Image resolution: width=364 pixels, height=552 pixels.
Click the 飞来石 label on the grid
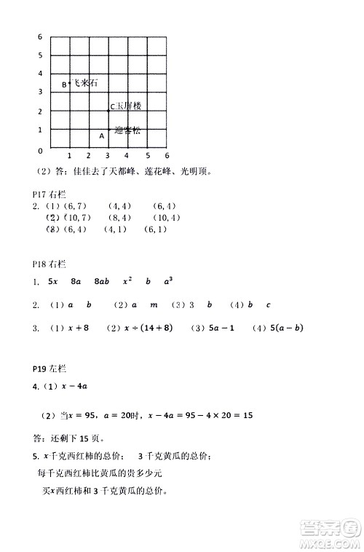(84, 83)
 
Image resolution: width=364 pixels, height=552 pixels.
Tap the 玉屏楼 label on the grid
(127, 106)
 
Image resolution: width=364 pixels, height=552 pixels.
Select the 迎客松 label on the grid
(127, 131)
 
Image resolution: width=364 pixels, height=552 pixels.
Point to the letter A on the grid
(101, 135)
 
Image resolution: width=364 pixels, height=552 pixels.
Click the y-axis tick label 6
(40, 36)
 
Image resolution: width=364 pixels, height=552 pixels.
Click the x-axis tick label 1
(68, 156)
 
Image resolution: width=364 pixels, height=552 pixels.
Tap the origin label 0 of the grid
(40, 150)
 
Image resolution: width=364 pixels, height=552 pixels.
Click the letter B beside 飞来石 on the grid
(64, 84)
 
